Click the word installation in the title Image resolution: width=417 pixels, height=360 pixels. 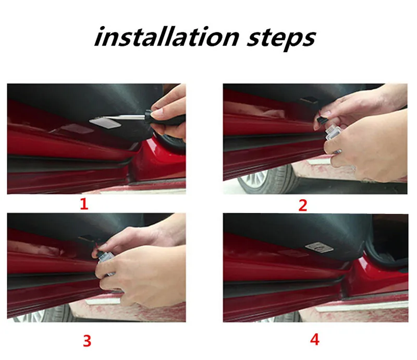click(167, 37)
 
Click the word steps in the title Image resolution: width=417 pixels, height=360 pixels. click(281, 40)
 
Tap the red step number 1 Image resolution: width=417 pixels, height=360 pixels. click(84, 204)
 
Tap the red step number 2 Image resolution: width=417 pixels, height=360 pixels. click(303, 206)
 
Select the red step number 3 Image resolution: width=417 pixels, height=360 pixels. click(87, 341)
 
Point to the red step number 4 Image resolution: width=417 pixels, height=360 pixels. click(315, 340)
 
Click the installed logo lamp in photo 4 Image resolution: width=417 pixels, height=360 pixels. click(319, 247)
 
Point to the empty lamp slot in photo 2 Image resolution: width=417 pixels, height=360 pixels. click(310, 100)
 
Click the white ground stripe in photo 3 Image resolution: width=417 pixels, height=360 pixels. click(103, 301)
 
